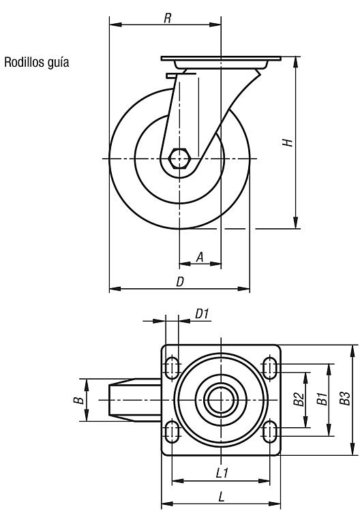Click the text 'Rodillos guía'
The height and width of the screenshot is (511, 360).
[x=37, y=62]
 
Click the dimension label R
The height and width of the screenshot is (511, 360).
[x=167, y=18]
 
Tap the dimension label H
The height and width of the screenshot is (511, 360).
[x=288, y=142]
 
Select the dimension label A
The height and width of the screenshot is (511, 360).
[x=200, y=257]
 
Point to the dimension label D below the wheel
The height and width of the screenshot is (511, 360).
[x=180, y=281]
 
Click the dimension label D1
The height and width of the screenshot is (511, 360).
[x=202, y=314]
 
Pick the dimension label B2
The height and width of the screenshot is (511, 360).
[x=299, y=399]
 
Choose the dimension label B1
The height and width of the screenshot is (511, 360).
[x=322, y=399]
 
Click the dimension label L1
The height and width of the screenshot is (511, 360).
[x=222, y=473]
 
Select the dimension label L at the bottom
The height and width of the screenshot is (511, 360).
[x=222, y=497]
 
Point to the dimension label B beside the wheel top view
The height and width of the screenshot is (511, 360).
[x=78, y=400]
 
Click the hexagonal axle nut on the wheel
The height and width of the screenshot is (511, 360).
[x=179, y=158]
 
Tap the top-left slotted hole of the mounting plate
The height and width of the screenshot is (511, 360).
[x=172, y=368]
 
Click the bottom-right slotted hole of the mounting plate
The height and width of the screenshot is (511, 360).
[x=270, y=431]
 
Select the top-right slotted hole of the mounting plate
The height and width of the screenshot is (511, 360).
[x=270, y=368]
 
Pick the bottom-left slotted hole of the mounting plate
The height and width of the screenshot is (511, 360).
[x=172, y=431]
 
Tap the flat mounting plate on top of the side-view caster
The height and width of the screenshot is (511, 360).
[x=221, y=59]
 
